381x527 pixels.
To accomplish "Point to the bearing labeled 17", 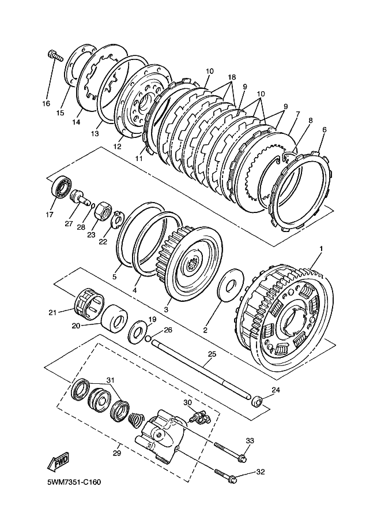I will coord(59,188).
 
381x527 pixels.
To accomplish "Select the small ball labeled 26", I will coord(149,339).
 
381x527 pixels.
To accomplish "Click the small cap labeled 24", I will coord(259,400).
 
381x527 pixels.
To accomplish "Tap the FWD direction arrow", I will coord(58,462).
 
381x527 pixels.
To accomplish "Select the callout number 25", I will coord(212,354).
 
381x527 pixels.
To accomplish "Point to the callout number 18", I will coord(232,76).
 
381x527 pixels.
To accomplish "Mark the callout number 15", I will coord(60,113).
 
